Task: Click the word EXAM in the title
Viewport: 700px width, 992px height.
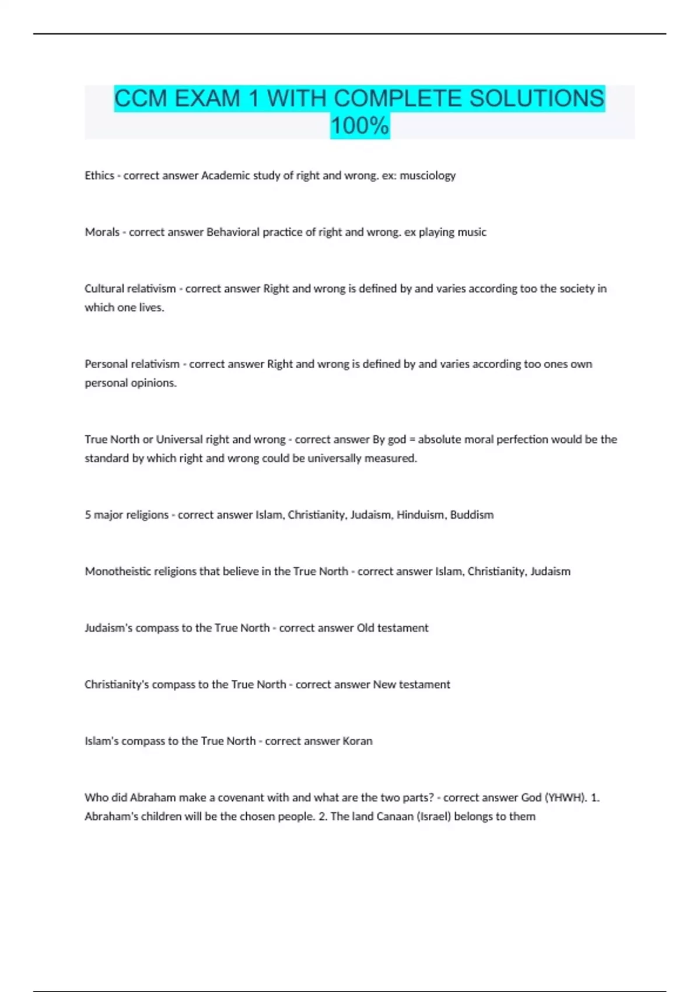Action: pyautogui.click(x=207, y=99)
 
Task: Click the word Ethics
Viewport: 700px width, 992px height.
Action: pyautogui.click(x=99, y=176)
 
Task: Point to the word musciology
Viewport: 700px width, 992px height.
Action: pyautogui.click(x=428, y=176)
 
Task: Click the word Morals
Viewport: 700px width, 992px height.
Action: pyautogui.click(x=102, y=232)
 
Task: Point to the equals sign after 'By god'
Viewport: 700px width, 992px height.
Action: pyautogui.click(x=412, y=439)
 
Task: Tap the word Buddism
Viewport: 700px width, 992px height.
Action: pyautogui.click(x=472, y=515)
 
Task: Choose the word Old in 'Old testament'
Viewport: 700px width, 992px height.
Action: pyautogui.click(x=365, y=628)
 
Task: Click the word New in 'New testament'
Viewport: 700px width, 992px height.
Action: pyautogui.click(x=384, y=684)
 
